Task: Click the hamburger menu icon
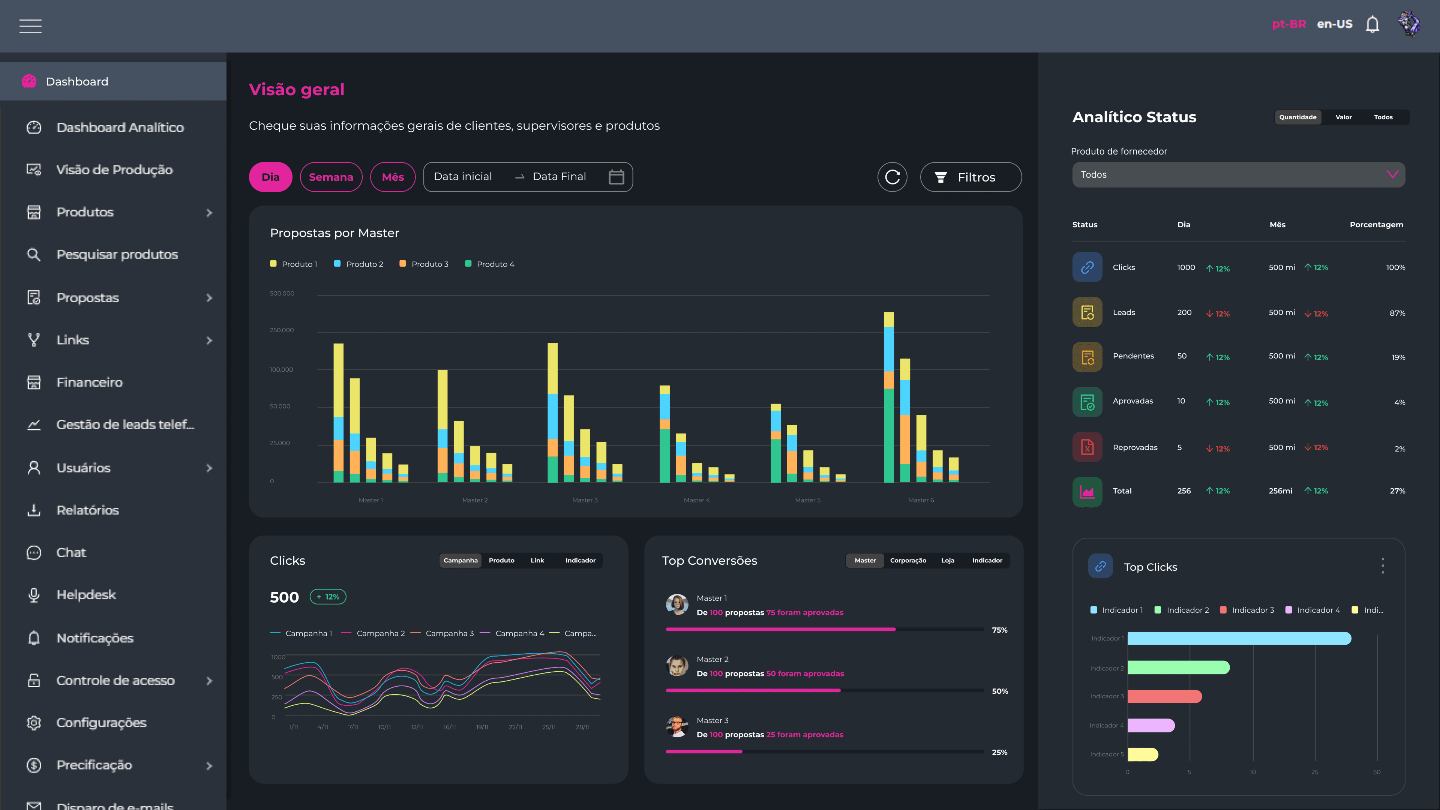[x=30, y=26]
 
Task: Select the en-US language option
[x=1334, y=24]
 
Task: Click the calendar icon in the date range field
[x=616, y=177]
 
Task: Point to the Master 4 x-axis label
[x=696, y=500]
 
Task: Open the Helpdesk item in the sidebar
[x=86, y=595]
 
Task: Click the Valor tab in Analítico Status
[x=1343, y=117]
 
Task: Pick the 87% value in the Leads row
[x=1397, y=313]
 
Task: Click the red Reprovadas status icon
[x=1087, y=447]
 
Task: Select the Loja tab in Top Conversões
[x=948, y=561]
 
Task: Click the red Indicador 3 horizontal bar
[x=1164, y=696]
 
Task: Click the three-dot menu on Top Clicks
[x=1382, y=566]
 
